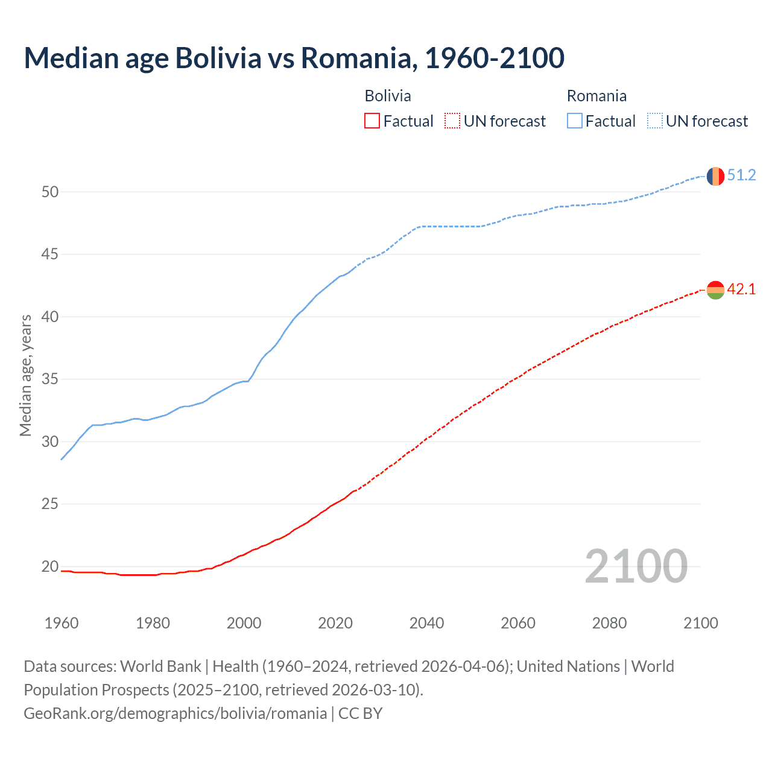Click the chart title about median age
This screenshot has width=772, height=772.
[294, 58]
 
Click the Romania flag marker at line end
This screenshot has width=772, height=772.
[715, 176]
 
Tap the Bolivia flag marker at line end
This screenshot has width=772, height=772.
[715, 290]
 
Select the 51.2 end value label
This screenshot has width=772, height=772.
[741, 176]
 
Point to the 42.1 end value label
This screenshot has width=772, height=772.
[741, 289]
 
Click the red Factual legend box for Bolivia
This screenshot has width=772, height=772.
[372, 121]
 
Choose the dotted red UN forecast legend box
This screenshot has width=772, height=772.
[452, 121]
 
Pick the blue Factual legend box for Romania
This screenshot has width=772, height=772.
[575, 121]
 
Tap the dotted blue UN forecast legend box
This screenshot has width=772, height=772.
[654, 121]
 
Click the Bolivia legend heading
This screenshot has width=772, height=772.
[388, 96]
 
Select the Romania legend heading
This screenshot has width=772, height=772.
[596, 96]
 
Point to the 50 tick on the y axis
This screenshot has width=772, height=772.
[50, 192]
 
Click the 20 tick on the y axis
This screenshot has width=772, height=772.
[50, 566]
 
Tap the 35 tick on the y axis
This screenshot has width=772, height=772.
[50, 379]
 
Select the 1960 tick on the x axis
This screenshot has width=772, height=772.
[62, 623]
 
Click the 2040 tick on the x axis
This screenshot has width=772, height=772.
[426, 623]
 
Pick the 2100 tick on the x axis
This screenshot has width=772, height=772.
[700, 623]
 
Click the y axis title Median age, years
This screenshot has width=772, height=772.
[25, 375]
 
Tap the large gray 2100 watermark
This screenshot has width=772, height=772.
[636, 566]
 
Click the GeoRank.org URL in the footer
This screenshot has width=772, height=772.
[175, 713]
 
